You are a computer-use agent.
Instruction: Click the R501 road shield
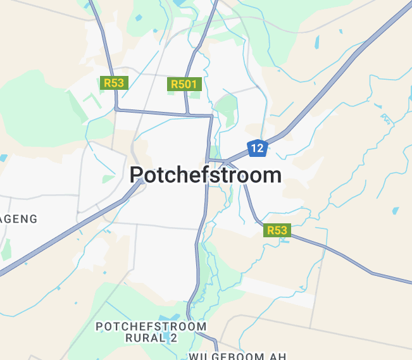pyautogui.click(x=184, y=84)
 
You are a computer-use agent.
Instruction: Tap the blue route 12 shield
pyautogui.click(x=257, y=149)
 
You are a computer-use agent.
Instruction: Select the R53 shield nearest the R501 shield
pyautogui.click(x=115, y=83)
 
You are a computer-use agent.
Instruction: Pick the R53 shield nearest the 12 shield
pyautogui.click(x=277, y=230)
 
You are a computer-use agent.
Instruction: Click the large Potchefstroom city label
pyautogui.click(x=206, y=175)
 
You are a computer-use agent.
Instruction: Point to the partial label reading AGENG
pyautogui.click(x=19, y=219)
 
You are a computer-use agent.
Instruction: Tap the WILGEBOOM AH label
pyautogui.click(x=237, y=356)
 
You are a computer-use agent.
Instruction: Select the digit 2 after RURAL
pyautogui.click(x=173, y=338)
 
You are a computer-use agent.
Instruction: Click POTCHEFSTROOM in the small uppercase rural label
pyautogui.click(x=151, y=326)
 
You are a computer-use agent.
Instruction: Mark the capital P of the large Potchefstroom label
pyautogui.click(x=137, y=175)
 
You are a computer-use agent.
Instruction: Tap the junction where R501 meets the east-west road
pyautogui.click(x=188, y=114)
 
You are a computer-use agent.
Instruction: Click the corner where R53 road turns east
pyautogui.click(x=117, y=109)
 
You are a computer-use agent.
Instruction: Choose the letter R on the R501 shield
pyautogui.click(x=174, y=84)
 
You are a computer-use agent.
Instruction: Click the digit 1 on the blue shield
pyautogui.click(x=254, y=149)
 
